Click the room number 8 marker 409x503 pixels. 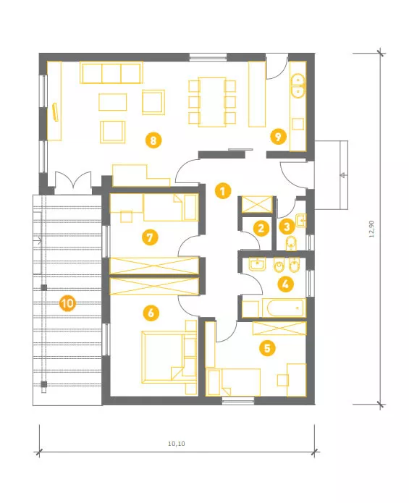click(x=153, y=140)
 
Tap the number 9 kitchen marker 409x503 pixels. click(x=278, y=137)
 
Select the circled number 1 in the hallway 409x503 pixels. click(x=223, y=191)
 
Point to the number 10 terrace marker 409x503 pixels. click(x=67, y=303)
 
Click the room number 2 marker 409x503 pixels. click(x=261, y=228)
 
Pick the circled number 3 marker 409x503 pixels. click(x=287, y=227)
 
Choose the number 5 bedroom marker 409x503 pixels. click(x=267, y=348)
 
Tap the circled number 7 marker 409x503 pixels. click(x=150, y=237)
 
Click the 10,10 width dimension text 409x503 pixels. click(x=177, y=444)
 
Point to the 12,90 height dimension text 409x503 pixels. click(x=372, y=229)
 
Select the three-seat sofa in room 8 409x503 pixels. click(x=111, y=73)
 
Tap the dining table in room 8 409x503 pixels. click(x=212, y=102)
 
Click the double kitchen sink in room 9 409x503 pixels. click(x=298, y=85)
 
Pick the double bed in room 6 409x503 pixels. click(x=164, y=358)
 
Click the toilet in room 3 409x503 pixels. click(x=290, y=244)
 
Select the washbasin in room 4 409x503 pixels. click(x=257, y=264)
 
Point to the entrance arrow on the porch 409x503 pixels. click(x=343, y=175)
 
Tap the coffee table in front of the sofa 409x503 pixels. click(x=113, y=102)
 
